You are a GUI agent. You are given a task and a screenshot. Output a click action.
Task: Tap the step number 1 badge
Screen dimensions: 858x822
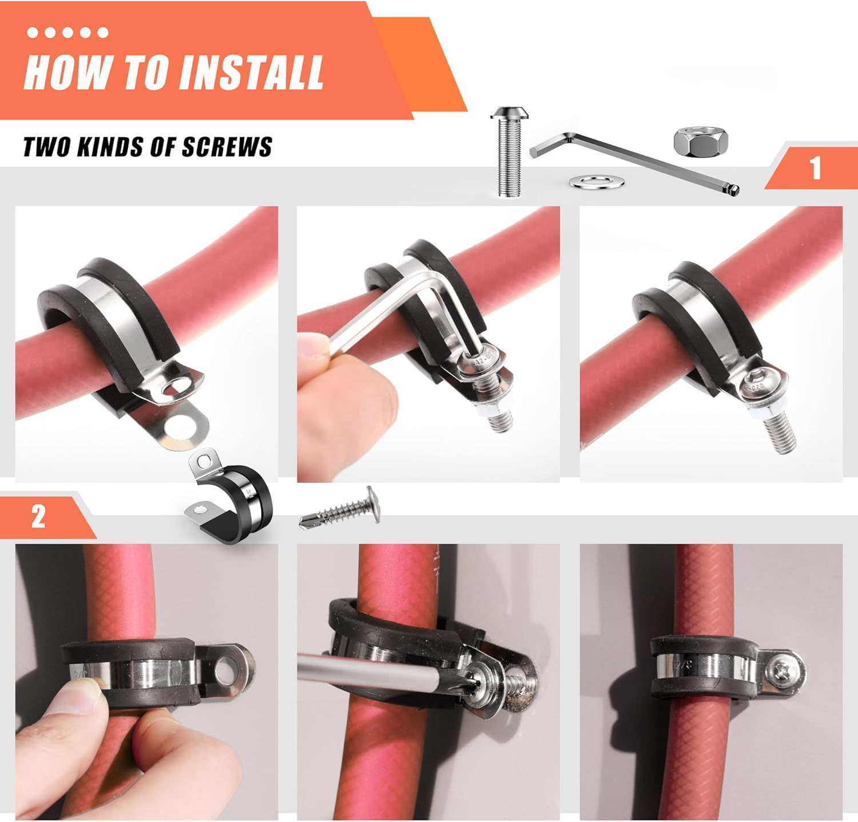click(x=815, y=168)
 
